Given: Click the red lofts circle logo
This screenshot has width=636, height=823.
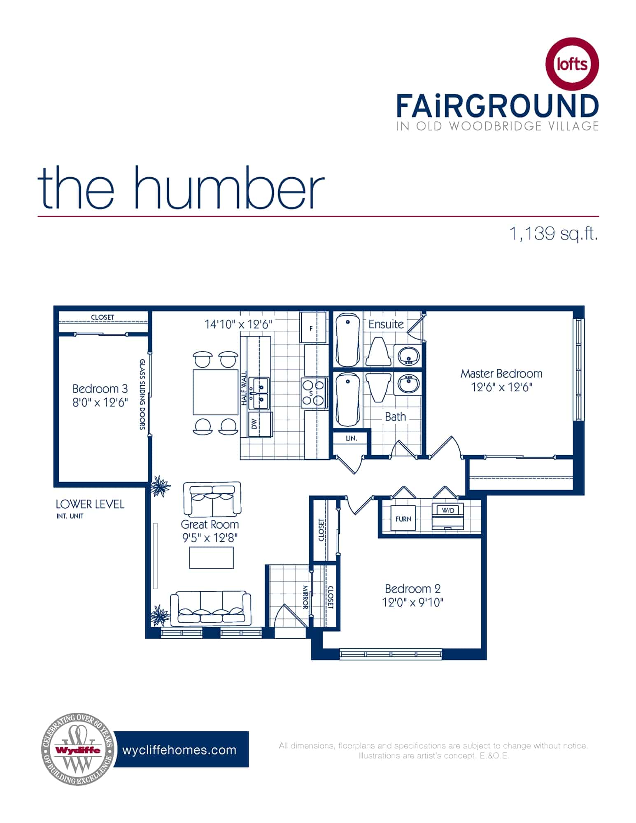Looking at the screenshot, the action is [x=572, y=64].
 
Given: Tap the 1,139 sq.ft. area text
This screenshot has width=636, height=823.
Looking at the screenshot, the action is [x=554, y=234].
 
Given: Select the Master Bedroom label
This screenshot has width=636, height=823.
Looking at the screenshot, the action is [x=501, y=374].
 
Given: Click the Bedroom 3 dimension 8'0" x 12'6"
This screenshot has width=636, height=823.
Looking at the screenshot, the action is [x=100, y=402].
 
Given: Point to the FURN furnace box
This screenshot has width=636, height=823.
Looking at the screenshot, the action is [x=403, y=519].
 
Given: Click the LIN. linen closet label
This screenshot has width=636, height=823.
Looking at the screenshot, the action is [x=351, y=438].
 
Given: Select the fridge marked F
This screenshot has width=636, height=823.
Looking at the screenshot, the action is [x=312, y=328].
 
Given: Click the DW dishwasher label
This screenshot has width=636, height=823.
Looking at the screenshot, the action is [x=254, y=424].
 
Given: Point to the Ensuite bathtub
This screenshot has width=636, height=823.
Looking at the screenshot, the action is [x=348, y=340].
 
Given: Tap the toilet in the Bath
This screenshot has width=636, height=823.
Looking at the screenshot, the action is [x=378, y=387].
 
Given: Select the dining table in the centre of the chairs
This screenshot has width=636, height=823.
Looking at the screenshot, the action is [x=215, y=392].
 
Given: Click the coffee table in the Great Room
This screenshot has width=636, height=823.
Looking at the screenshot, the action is [x=211, y=558].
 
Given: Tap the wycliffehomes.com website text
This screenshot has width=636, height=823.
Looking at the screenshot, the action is [x=179, y=750].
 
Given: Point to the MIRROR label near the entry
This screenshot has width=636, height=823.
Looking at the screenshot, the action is [x=305, y=597].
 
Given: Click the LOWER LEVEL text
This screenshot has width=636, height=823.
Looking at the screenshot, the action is [x=90, y=504].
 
